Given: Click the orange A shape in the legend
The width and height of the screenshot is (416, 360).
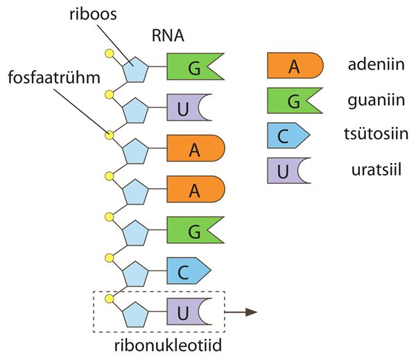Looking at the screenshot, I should pos(295,67).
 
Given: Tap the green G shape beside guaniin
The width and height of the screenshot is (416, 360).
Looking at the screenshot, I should pos(295,101).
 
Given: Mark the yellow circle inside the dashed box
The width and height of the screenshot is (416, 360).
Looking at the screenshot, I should pos(108,298).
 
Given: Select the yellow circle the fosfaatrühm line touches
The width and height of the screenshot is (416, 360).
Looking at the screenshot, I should pos(108,135).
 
